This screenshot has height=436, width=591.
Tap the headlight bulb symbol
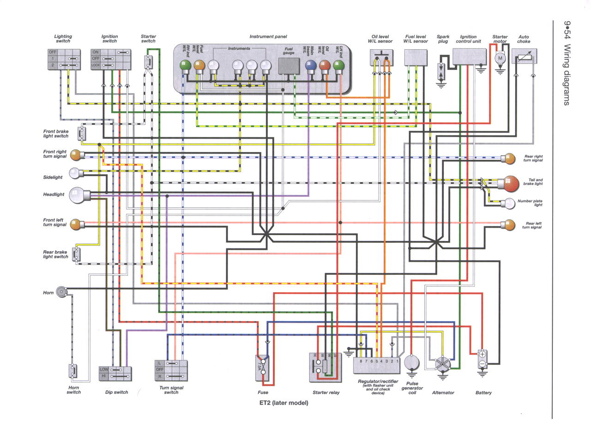point(76,195)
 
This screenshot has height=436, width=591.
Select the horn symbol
point(61,291)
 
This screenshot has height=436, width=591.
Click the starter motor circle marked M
point(500,59)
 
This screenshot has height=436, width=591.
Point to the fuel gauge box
point(289,67)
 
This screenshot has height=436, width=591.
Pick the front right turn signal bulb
point(76,154)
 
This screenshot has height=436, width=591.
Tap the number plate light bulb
point(510,203)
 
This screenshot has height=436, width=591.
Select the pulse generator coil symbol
point(411,362)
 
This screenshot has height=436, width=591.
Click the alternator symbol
point(442,364)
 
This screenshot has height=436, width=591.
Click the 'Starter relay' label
point(326,393)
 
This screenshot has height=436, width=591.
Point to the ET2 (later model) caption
point(283,403)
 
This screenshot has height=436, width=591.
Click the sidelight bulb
point(75,173)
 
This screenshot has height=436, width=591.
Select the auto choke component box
point(525,59)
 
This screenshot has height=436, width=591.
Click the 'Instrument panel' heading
point(268,36)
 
